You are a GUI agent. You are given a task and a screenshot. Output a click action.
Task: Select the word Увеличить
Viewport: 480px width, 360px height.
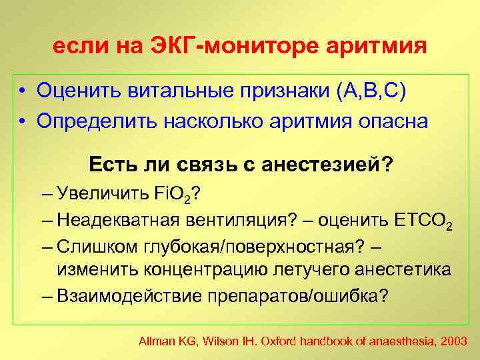(x=99, y=195)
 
